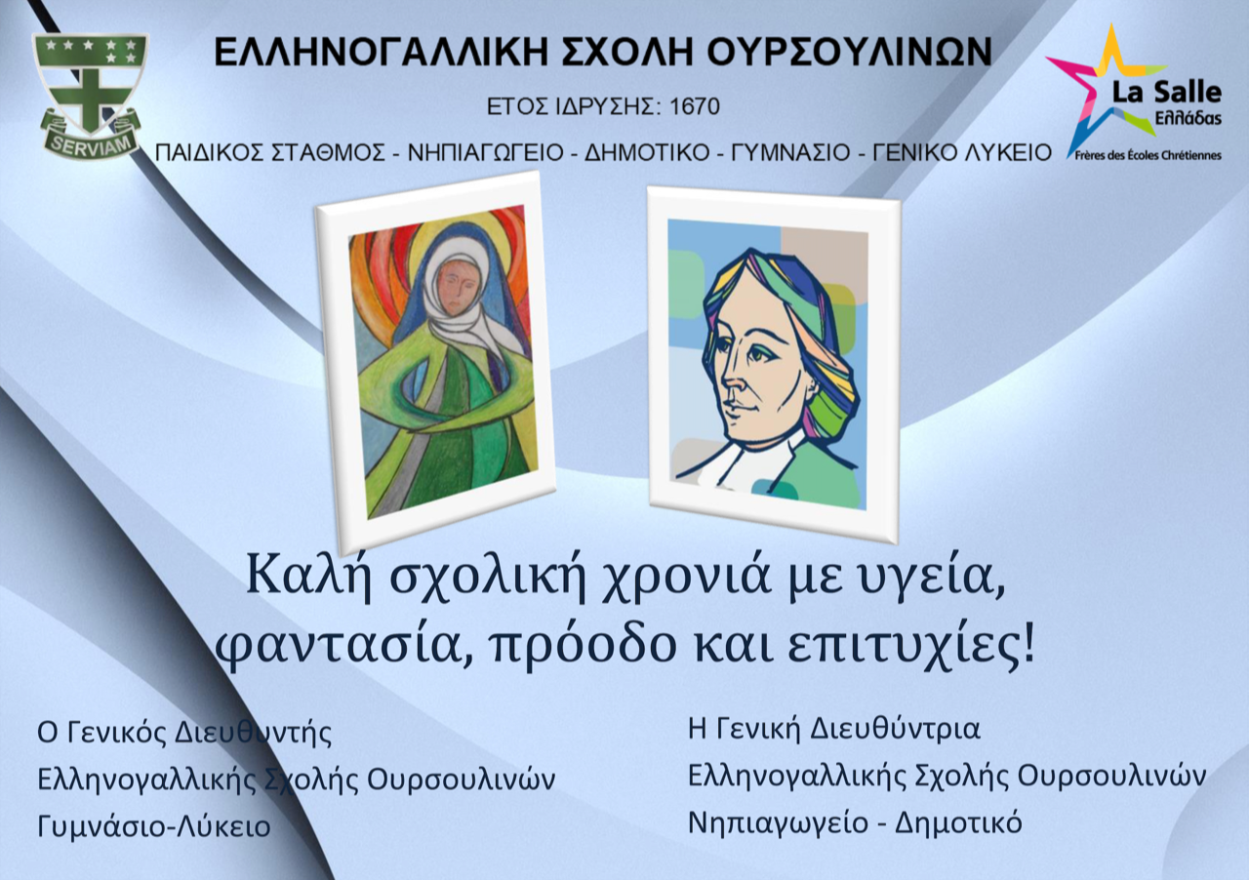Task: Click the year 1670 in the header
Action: pos(694,106)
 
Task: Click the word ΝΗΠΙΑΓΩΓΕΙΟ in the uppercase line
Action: pos(486,153)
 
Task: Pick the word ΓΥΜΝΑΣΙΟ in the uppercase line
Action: pos(790,153)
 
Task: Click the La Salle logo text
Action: pos(1167,93)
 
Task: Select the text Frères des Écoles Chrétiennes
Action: pos(1148,155)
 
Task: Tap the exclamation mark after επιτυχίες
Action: pos(1027,643)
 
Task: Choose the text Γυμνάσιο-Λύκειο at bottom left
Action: pos(154,826)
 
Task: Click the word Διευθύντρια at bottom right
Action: pos(895,729)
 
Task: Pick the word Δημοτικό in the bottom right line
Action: pos(958,822)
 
